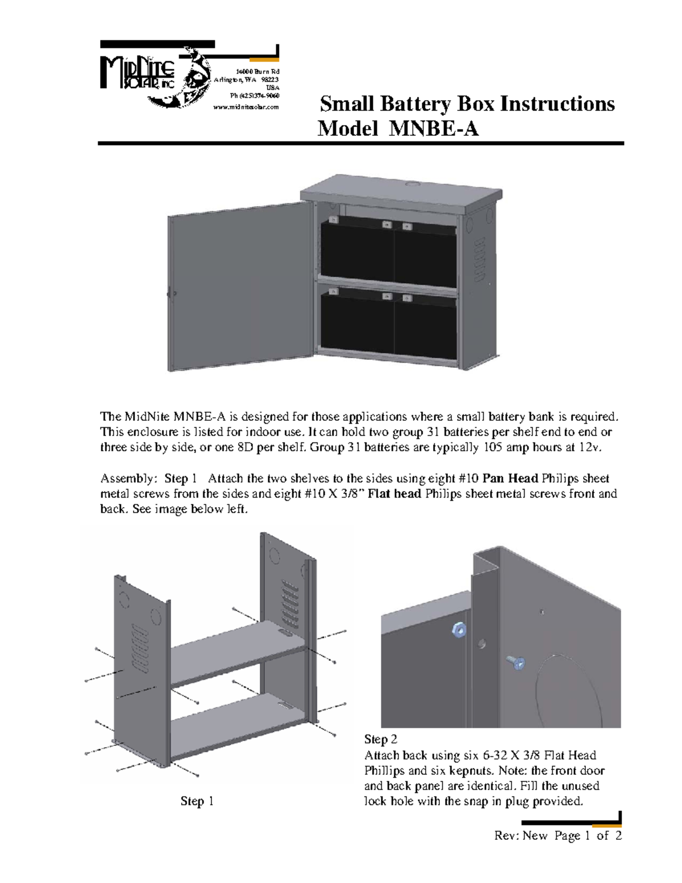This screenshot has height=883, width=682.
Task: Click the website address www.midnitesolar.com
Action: click(x=246, y=107)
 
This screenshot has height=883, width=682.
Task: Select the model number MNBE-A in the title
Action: click(x=434, y=129)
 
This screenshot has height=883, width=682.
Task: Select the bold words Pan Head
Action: click(x=510, y=478)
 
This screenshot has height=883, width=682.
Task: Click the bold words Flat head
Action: click(x=394, y=494)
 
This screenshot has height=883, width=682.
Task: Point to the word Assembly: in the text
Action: click(x=128, y=478)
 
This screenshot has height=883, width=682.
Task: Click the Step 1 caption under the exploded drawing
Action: click(x=197, y=801)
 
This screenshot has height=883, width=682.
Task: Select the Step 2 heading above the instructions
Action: click(x=380, y=739)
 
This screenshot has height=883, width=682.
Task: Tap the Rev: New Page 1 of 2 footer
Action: click(x=558, y=836)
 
